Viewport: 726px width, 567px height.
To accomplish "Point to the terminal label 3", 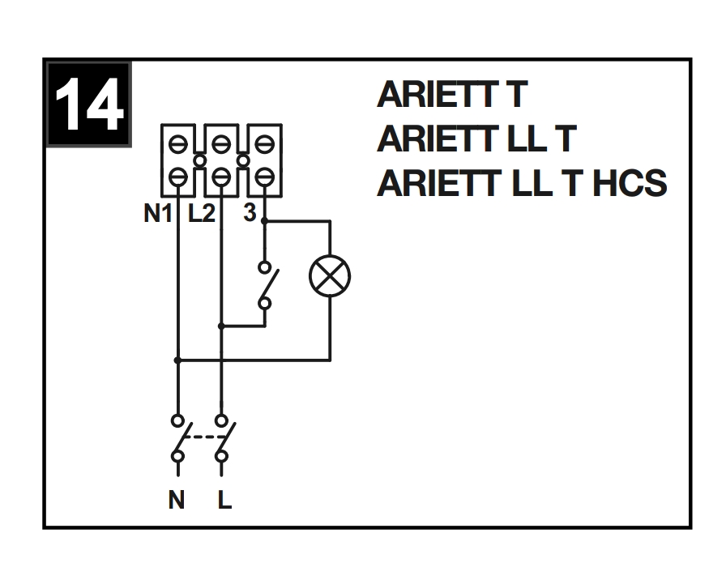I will pyautogui.click(x=250, y=216).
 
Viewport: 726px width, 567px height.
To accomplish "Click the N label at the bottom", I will pyautogui.click(x=177, y=501).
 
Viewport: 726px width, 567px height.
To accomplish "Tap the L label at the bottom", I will pyautogui.click(x=225, y=501).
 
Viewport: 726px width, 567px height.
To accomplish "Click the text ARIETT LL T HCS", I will pyautogui.click(x=521, y=184).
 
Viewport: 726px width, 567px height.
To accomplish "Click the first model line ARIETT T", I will pyautogui.click(x=452, y=96).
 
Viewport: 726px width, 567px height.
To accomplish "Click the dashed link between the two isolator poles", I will pyautogui.click(x=200, y=438).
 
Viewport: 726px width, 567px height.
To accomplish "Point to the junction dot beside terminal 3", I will pyautogui.click(x=264, y=220).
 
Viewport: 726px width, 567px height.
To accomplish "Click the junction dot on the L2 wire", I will pyautogui.click(x=222, y=326).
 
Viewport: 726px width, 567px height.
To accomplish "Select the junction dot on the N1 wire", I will pyautogui.click(x=177, y=359).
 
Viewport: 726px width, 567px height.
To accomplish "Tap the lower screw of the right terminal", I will pyautogui.click(x=264, y=175).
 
